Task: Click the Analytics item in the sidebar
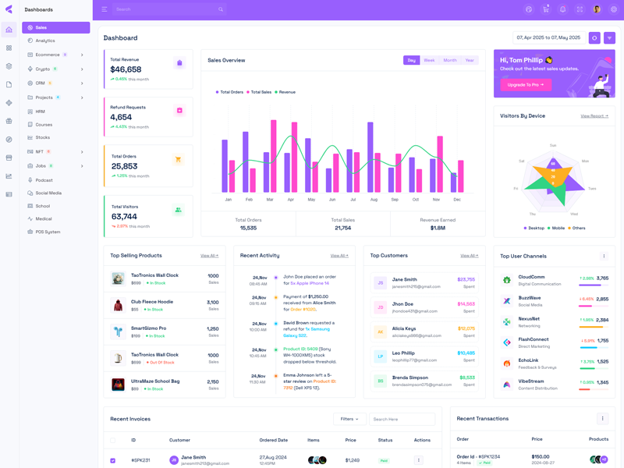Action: pos(45,41)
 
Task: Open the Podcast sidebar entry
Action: pos(44,180)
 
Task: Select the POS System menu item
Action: pos(48,232)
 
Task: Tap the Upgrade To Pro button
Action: pos(526,84)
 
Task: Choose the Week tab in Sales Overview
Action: pos(429,60)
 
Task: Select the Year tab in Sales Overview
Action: pos(470,60)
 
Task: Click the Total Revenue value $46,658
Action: pos(126,69)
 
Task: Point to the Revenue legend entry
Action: pos(286,92)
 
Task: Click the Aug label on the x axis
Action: pos(374,200)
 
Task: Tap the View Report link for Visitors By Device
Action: pos(594,116)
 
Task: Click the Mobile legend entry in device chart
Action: pos(558,228)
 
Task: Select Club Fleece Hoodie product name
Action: pos(152,302)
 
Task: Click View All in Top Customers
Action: pos(469,256)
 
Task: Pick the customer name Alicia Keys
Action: pos(404,328)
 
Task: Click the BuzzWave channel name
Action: pos(530,298)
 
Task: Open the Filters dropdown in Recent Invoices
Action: pos(349,419)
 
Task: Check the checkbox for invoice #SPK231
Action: pos(113,460)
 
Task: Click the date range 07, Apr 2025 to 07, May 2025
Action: pos(548,37)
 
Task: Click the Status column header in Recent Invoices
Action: pos(385,440)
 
